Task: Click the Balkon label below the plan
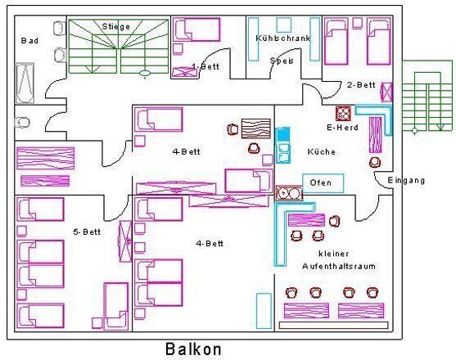coord(193,349)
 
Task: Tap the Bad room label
coord(29,41)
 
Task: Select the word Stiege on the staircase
coord(116,27)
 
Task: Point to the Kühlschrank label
coord(283,38)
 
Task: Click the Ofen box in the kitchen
coord(323,183)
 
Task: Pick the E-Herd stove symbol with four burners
coord(343,113)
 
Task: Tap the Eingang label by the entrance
coord(406,181)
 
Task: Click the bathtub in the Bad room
coord(25,83)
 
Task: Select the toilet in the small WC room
coord(22,123)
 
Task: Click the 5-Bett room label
coord(87,232)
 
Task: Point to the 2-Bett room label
coord(361,85)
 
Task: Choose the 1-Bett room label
coord(205,66)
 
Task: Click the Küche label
coord(322,151)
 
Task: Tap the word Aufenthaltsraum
coord(339,266)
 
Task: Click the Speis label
coord(282,61)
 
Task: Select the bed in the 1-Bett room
coord(196,29)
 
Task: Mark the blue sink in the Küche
coord(282,145)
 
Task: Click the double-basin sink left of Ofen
coord(289,193)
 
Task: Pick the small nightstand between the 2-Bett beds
coord(358,23)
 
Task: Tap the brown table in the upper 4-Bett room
coord(256,128)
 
